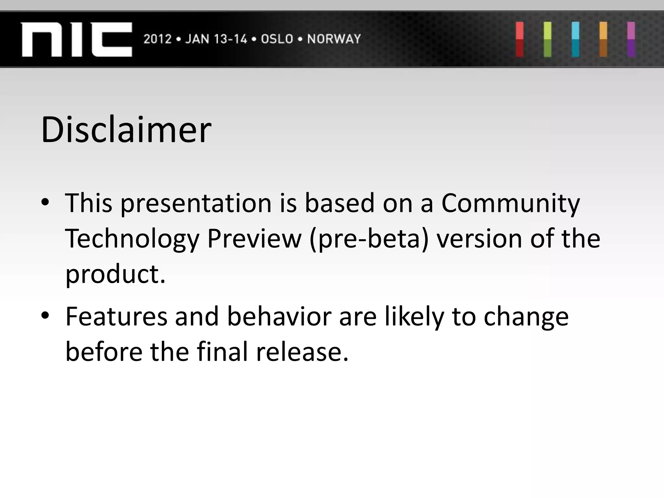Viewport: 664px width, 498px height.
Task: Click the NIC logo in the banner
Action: [77, 40]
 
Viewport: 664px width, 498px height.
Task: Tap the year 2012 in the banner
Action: [157, 39]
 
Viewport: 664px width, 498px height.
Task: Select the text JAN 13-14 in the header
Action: [216, 39]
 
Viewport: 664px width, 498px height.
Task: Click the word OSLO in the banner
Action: [277, 39]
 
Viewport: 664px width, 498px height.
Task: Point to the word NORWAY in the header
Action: [334, 39]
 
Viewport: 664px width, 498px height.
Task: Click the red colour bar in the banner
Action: [520, 40]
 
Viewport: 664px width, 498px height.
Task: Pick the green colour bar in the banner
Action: [548, 40]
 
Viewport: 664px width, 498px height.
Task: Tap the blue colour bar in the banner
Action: [575, 40]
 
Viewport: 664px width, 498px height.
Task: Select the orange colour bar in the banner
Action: [603, 40]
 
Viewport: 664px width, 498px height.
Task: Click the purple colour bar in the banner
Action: [631, 40]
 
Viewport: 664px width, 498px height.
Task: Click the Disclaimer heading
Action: [126, 130]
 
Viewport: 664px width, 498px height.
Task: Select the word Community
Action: [510, 204]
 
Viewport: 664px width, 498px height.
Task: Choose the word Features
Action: [116, 316]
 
